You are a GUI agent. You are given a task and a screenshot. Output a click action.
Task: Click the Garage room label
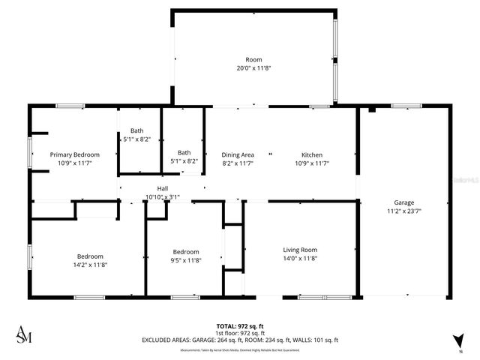tap(404, 202)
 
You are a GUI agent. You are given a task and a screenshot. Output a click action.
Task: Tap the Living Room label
tap(299, 250)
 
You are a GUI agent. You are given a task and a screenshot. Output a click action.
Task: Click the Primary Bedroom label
tap(75, 154)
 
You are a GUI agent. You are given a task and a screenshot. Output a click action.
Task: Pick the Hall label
tap(162, 188)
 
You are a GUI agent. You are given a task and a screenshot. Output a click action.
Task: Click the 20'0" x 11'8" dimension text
tap(254, 67)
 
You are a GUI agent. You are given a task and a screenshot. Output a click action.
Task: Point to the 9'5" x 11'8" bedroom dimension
tap(186, 260)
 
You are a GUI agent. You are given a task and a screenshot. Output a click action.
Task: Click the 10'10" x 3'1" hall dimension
tap(162, 197)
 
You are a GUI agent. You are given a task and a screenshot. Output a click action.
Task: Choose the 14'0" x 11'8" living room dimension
tap(299, 259)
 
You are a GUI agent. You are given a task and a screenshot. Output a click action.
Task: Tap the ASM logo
tap(24, 334)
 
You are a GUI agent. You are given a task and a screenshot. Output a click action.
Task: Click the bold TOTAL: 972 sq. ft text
tap(239, 326)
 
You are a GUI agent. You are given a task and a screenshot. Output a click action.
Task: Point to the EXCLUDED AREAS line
tap(239, 340)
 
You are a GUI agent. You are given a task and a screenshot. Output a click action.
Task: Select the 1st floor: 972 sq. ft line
tap(239, 333)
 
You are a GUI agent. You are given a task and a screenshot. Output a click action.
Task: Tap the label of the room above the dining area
tap(254, 59)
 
